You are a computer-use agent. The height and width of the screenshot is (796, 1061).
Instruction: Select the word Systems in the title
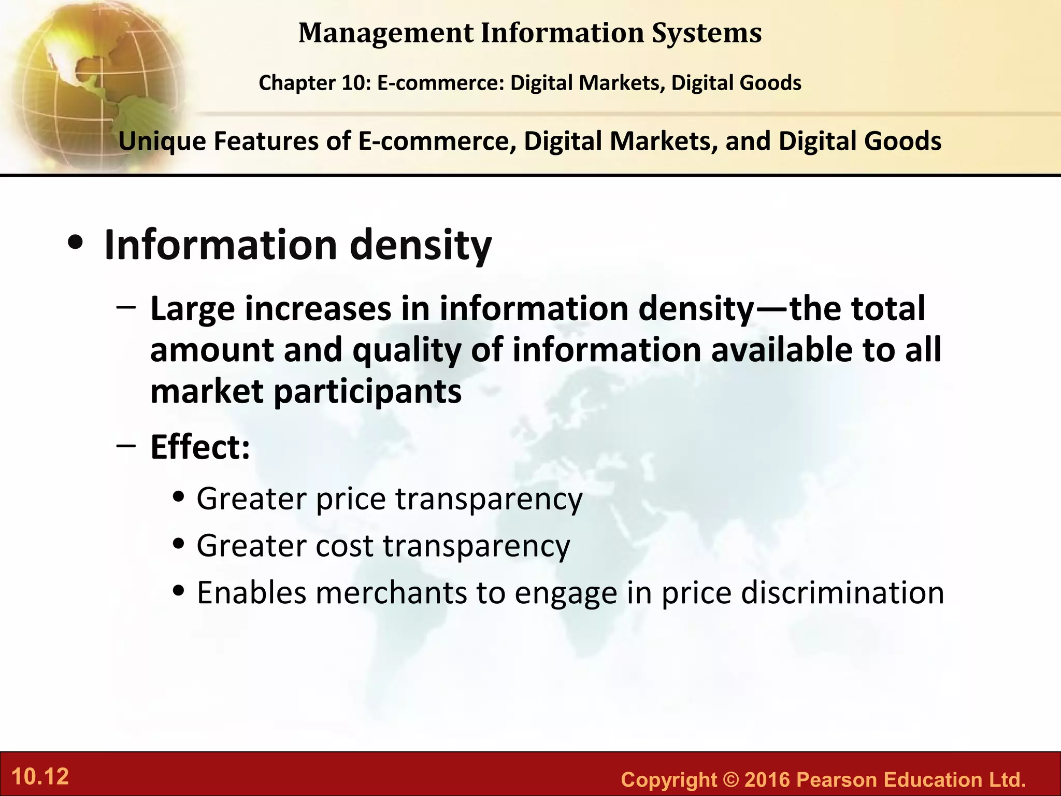coord(707,33)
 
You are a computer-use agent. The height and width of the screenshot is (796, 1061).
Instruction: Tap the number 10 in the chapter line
coord(354,83)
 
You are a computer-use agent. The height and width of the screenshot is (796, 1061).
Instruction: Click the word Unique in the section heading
coord(162,141)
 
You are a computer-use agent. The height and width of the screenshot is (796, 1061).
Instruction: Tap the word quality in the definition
coord(407,350)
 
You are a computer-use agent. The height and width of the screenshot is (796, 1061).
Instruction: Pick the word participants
coord(367,392)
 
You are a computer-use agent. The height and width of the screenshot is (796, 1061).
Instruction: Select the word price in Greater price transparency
coord(351,499)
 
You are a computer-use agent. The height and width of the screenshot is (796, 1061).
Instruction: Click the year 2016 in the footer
coord(767,779)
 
